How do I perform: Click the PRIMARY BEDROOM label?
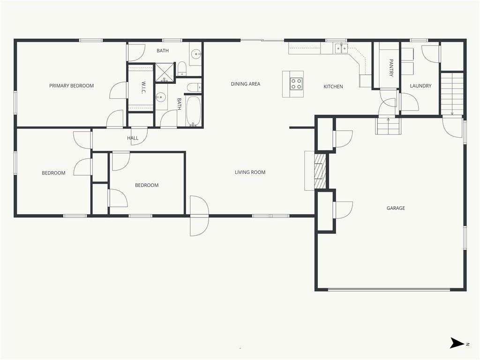[x=71, y=86]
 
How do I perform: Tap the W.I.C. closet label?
[x=143, y=88]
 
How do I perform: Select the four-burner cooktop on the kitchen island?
[x=296, y=83]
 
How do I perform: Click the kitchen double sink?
[x=341, y=48]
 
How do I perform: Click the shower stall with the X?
[x=165, y=73]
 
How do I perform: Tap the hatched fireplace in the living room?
[x=321, y=171]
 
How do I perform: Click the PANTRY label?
[x=391, y=67]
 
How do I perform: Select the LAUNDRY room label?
[x=420, y=86]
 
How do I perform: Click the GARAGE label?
[x=396, y=208]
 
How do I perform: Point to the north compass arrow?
[x=457, y=343]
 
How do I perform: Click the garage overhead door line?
[x=389, y=289]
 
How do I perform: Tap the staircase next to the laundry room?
[x=452, y=93]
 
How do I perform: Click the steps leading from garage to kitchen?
[x=388, y=126]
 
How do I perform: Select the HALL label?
[x=133, y=138]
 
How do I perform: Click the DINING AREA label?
[x=246, y=84]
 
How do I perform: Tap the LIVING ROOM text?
[x=250, y=172]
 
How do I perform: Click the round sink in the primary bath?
[x=195, y=55]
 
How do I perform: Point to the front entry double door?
[x=199, y=216]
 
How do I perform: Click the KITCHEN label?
[x=333, y=87]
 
